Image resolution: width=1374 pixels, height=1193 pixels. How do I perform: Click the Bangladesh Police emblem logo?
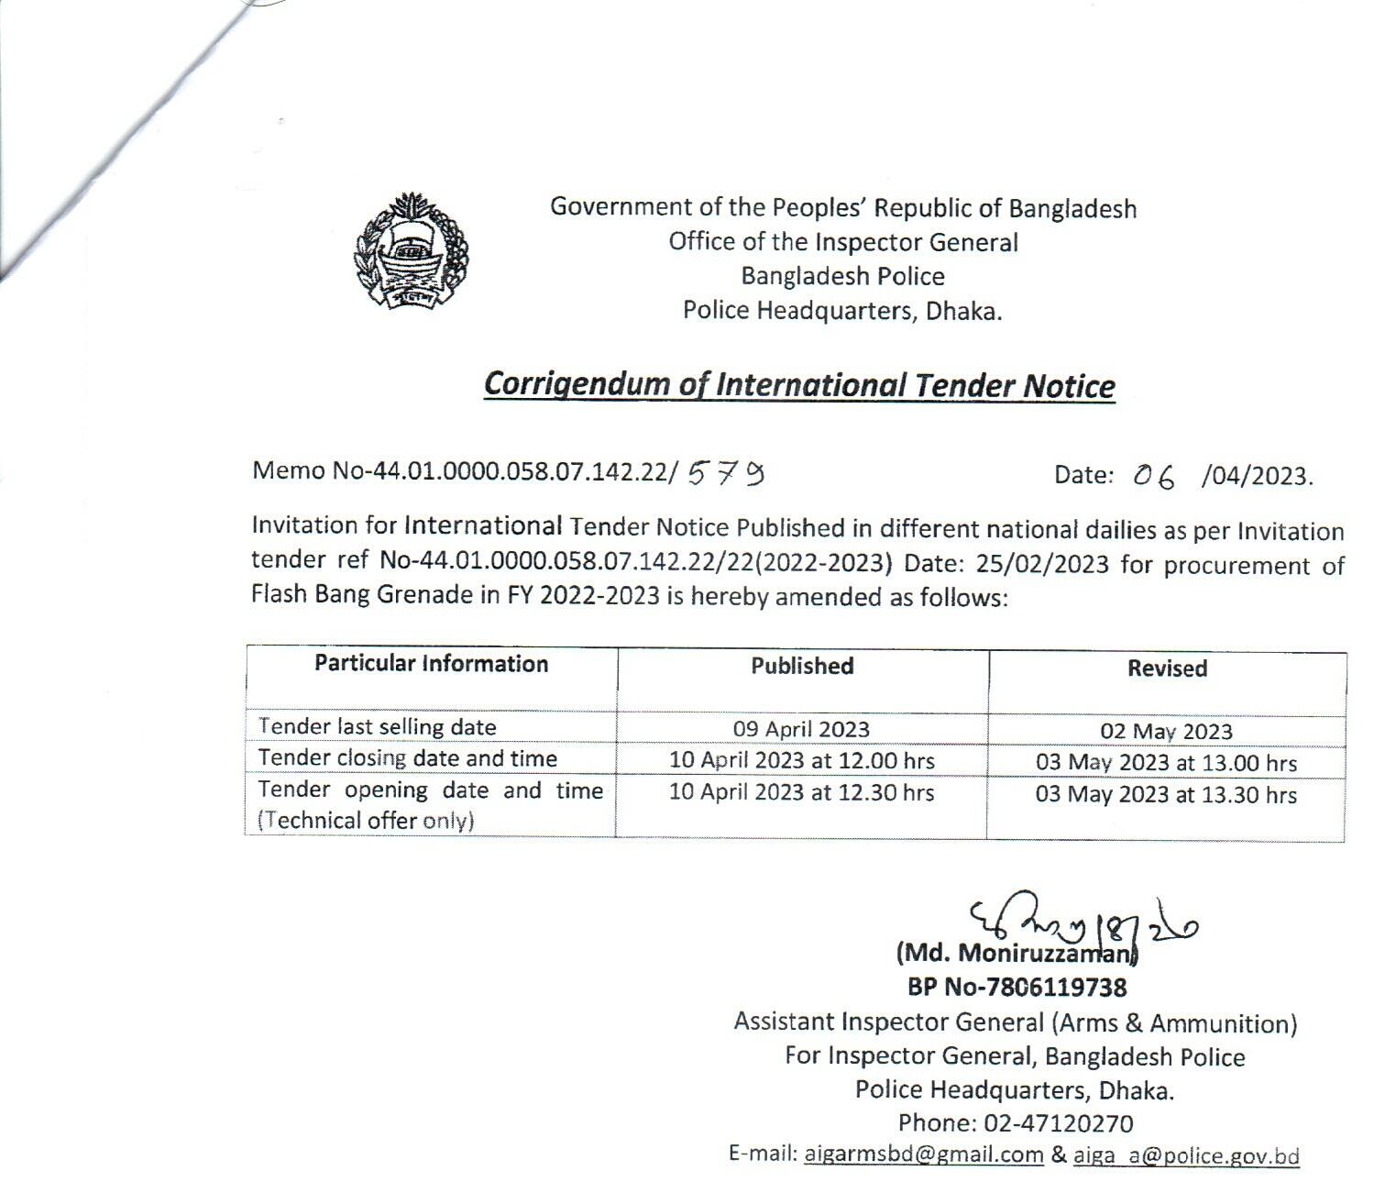(412, 250)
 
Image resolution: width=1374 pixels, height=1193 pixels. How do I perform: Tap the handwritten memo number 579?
(726, 472)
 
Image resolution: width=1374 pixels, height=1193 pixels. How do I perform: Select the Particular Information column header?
(431, 664)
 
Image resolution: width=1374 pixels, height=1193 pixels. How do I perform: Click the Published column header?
(802, 667)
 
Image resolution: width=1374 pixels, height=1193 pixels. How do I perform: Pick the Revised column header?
(1167, 668)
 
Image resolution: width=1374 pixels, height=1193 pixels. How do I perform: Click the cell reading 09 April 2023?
(801, 729)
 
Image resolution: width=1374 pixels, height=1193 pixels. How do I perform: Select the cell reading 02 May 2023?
(1166, 732)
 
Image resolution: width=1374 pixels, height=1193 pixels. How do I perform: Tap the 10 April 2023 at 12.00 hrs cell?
(801, 760)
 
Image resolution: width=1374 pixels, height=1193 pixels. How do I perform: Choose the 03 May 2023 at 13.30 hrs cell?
(1166, 794)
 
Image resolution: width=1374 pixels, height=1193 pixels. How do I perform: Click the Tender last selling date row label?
(378, 727)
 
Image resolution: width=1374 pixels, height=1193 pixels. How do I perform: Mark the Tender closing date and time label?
(408, 758)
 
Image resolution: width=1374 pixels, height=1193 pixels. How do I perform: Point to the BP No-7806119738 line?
(1017, 988)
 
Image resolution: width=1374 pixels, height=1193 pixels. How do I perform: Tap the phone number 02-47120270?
(1059, 1123)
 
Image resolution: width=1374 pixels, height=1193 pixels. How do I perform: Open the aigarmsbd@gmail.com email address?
(924, 1154)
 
